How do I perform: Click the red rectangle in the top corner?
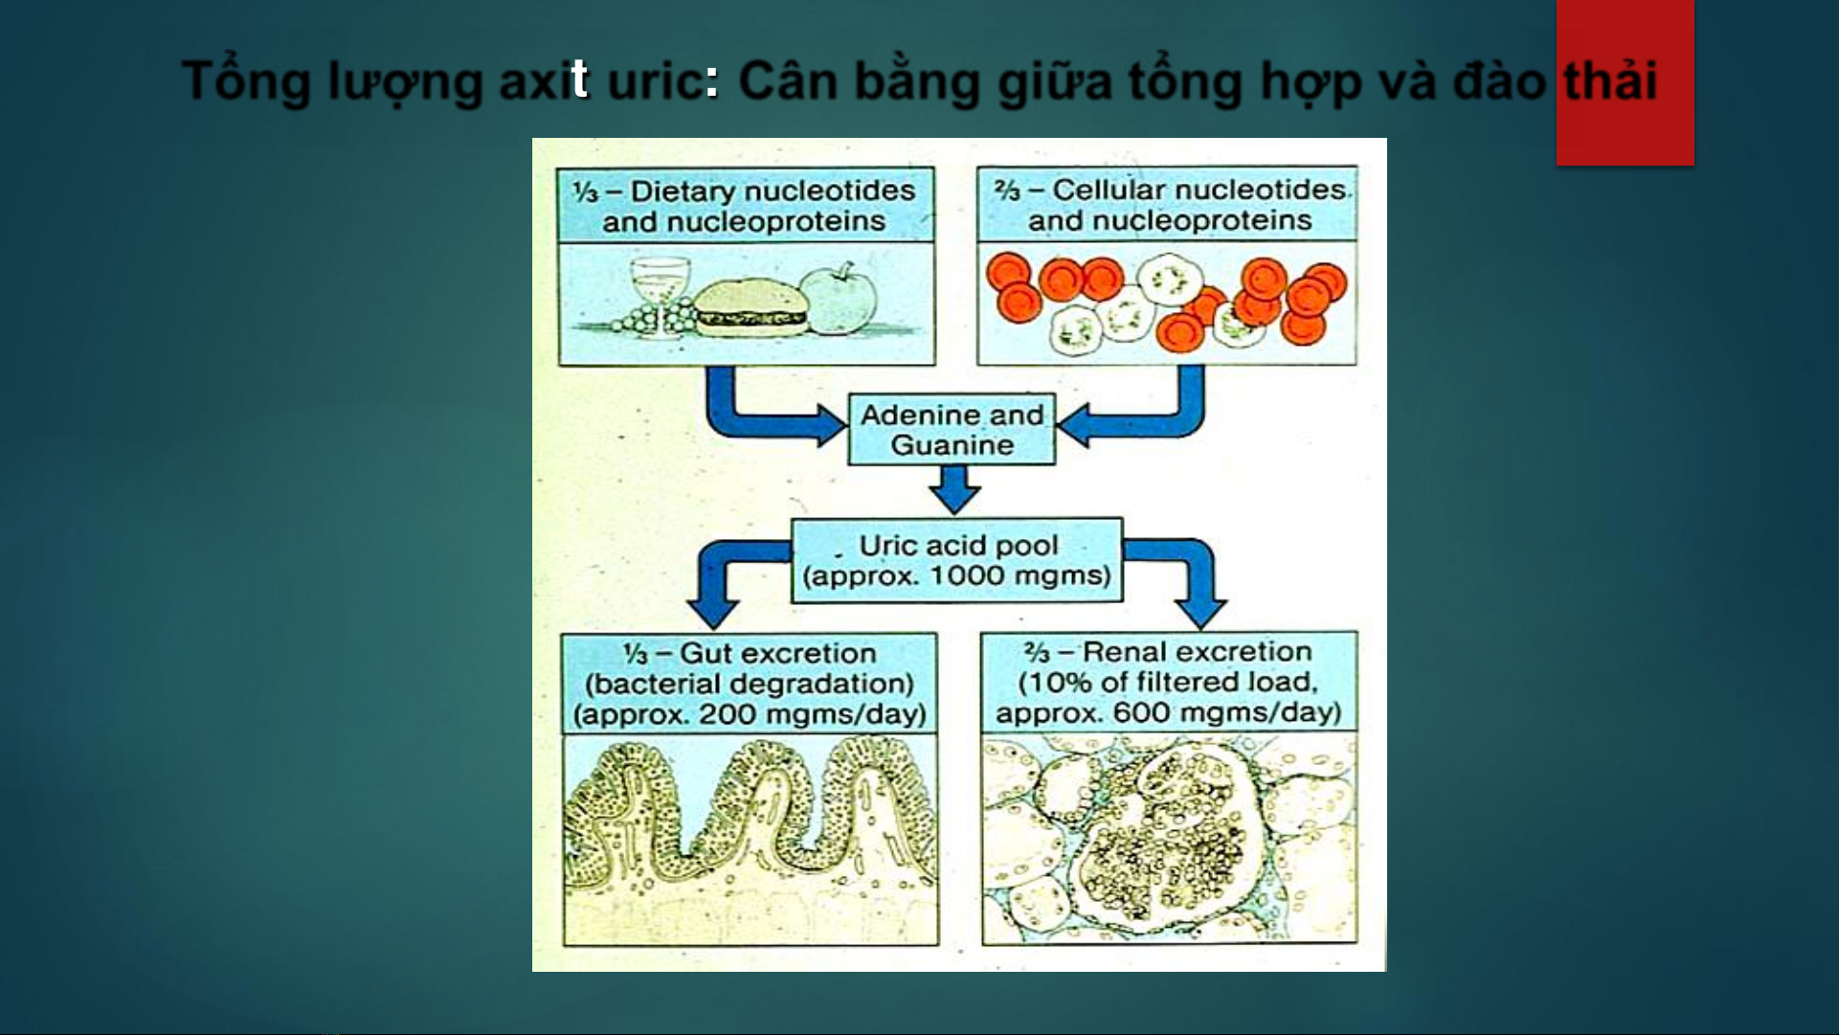[1625, 82]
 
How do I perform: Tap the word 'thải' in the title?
[1610, 79]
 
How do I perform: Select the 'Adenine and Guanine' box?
[952, 430]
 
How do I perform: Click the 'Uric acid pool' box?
[956, 560]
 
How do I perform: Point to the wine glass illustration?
[660, 295]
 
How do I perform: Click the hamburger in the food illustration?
[751, 307]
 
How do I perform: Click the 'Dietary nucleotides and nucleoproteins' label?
[746, 206]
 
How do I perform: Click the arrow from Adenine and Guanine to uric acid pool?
[954, 489]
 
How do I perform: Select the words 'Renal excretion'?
[1198, 651]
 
